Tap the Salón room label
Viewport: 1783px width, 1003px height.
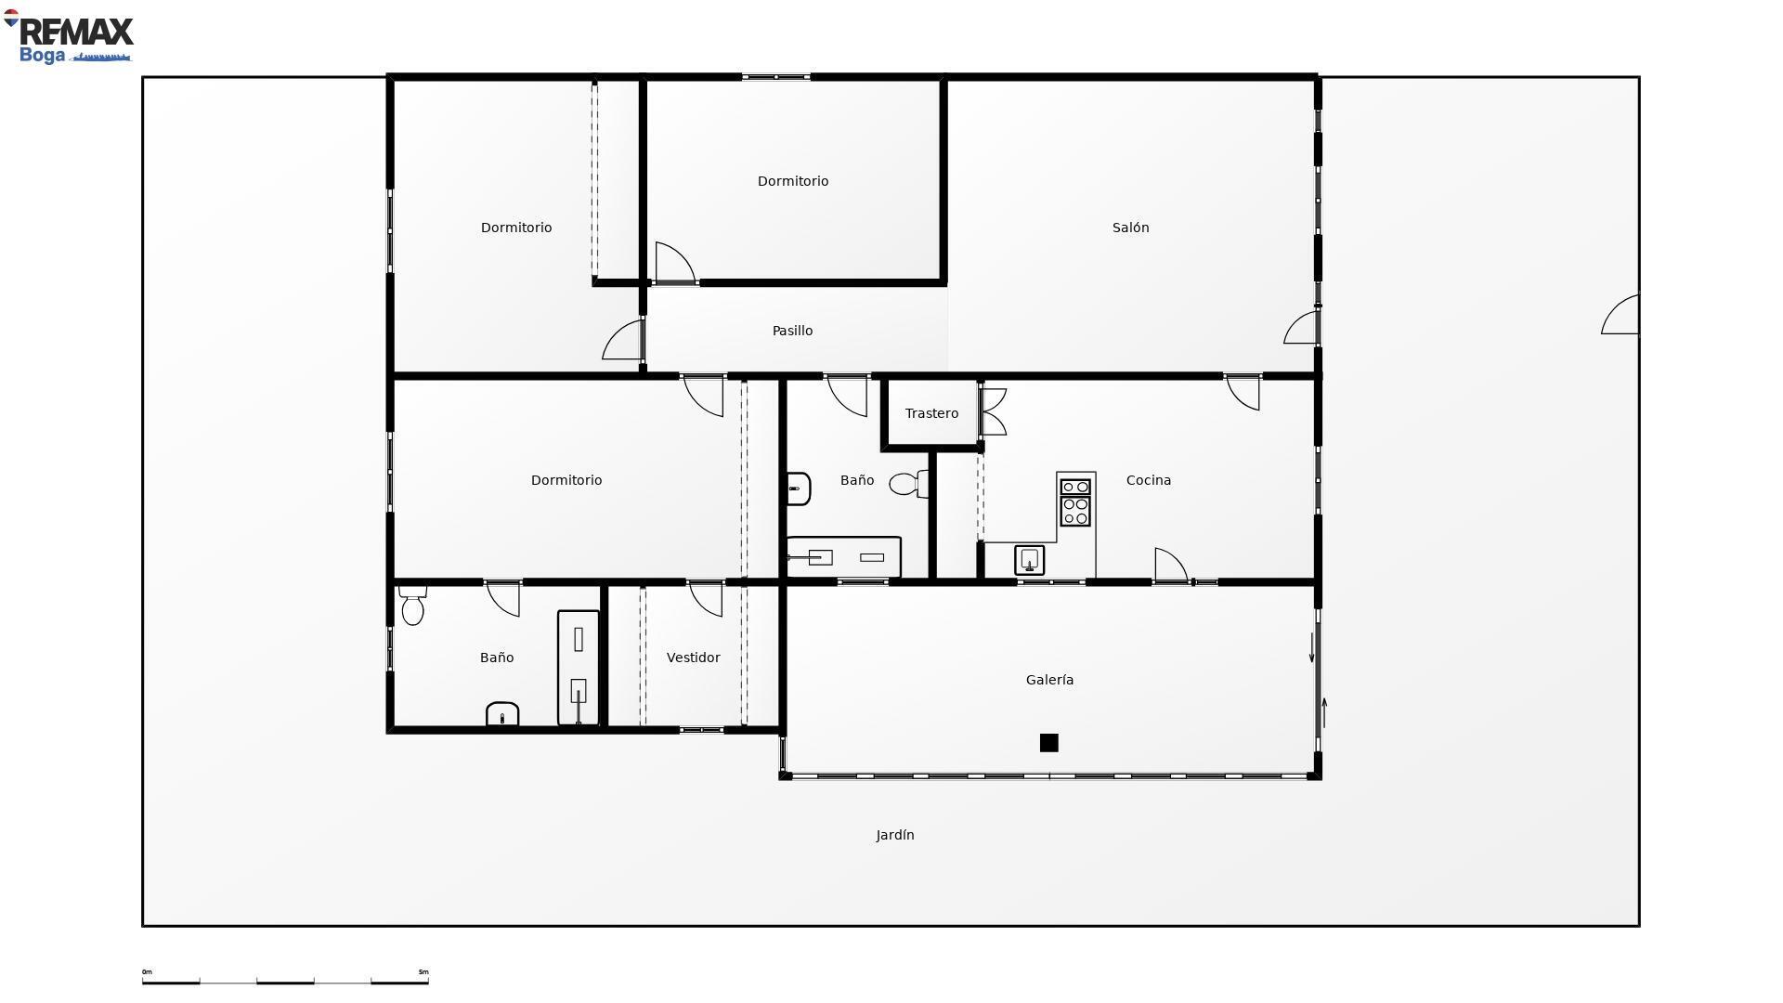tap(1130, 228)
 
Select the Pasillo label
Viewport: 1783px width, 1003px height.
tap(792, 331)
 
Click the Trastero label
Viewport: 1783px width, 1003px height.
tap(931, 413)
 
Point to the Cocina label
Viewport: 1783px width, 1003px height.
tap(1148, 480)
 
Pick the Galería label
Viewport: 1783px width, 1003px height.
tap(1049, 680)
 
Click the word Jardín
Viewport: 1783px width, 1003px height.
tap(895, 835)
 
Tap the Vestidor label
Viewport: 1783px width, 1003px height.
tap(693, 658)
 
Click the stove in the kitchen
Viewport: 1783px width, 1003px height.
tap(1075, 501)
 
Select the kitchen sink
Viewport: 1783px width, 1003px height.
tap(1029, 560)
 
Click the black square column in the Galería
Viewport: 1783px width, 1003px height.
tap(1048, 743)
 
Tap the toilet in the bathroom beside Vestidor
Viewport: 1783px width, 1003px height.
tap(412, 606)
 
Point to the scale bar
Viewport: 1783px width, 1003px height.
tap(285, 979)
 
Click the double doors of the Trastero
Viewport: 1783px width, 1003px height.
tap(994, 411)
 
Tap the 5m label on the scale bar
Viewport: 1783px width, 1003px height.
tap(423, 972)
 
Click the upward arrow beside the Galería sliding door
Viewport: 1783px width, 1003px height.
tap(1324, 712)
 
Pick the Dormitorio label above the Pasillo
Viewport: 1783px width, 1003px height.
tap(792, 181)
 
